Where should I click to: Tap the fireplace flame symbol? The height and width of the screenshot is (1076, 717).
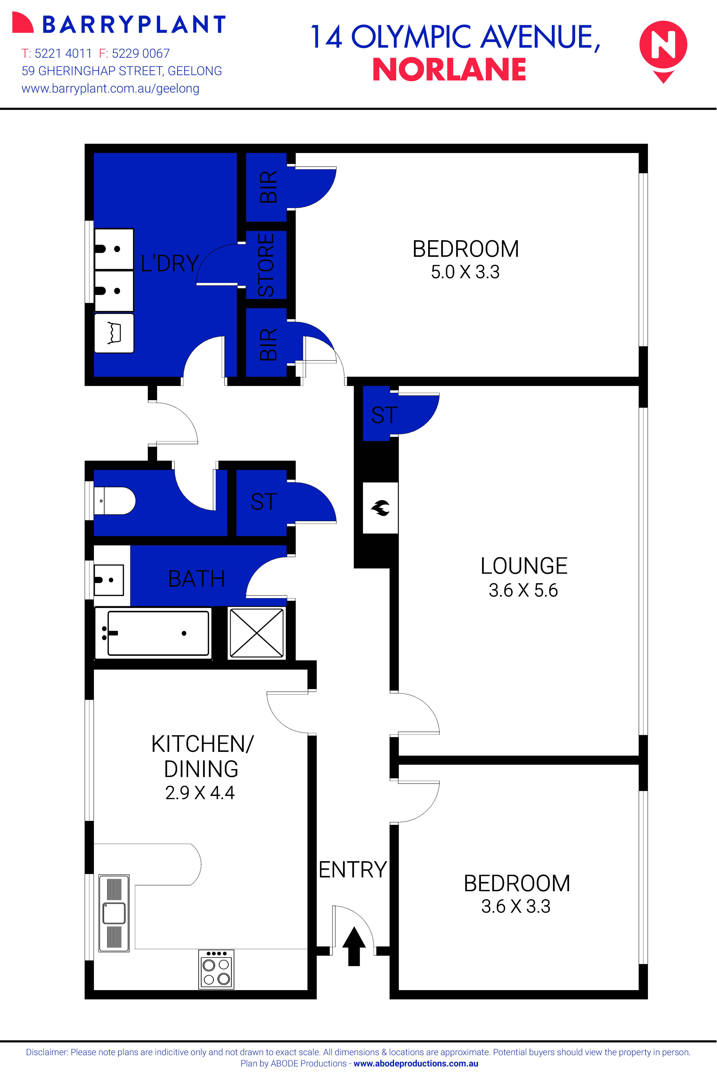click(380, 507)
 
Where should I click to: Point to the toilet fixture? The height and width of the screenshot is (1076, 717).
click(114, 501)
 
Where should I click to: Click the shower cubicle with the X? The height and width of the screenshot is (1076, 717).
click(257, 633)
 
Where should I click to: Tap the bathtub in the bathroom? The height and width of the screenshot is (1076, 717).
click(153, 633)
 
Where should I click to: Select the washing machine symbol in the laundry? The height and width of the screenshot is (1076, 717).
click(114, 333)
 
